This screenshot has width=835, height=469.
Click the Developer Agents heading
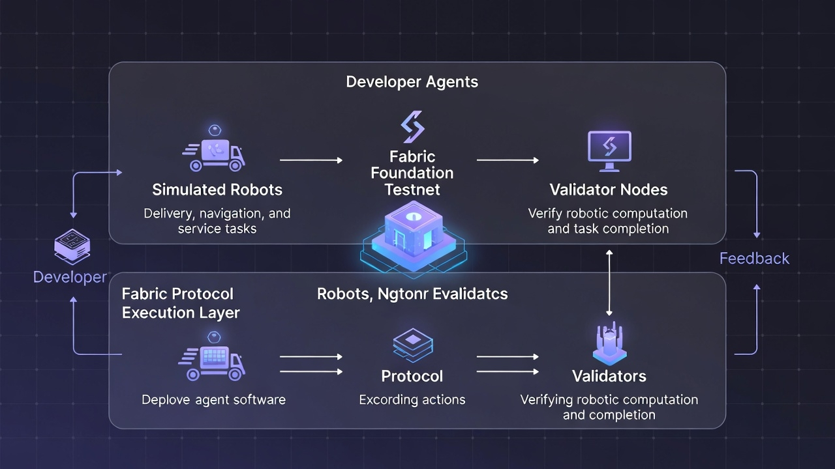click(x=412, y=82)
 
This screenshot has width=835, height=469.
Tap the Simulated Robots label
click(x=217, y=190)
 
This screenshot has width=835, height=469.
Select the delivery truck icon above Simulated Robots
click(x=214, y=152)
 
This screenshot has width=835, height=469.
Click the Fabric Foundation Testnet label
click(x=412, y=173)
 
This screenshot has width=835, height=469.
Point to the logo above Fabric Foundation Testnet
click(x=412, y=127)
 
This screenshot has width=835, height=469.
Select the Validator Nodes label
click(x=609, y=190)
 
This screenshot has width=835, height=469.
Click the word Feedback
click(x=754, y=259)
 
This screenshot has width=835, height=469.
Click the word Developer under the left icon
click(x=70, y=277)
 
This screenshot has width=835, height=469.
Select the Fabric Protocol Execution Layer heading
click(x=181, y=304)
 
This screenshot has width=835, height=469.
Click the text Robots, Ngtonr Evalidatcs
click(x=412, y=294)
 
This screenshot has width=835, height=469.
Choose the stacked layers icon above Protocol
click(x=412, y=345)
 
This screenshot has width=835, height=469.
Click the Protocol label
click(x=412, y=377)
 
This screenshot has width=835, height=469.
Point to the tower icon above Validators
click(x=609, y=343)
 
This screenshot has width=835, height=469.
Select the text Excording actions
click(x=412, y=400)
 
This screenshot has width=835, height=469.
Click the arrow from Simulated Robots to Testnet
click(x=311, y=160)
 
